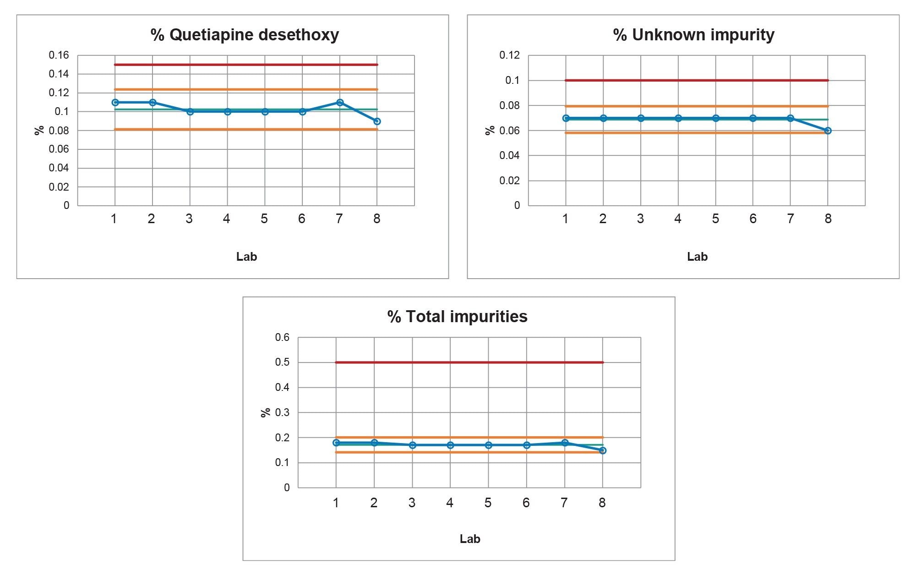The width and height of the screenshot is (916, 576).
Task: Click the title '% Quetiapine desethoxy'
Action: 245,35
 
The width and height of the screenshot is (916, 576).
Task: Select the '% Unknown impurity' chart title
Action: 693,35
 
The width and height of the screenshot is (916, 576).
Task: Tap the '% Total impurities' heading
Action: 457,317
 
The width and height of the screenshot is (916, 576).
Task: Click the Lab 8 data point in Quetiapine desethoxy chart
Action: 377,121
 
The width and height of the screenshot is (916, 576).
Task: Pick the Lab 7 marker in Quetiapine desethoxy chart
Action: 339,102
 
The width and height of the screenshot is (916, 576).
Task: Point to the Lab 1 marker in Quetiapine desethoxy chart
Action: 115,102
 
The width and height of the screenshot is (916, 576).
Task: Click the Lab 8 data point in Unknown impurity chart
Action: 828,131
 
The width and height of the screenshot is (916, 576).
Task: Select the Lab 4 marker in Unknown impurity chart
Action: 678,118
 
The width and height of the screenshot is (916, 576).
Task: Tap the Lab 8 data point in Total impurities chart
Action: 603,450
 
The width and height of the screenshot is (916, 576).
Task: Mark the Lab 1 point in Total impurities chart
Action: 336,443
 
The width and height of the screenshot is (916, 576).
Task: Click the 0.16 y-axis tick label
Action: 59,55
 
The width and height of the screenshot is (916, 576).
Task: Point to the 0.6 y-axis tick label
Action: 282,338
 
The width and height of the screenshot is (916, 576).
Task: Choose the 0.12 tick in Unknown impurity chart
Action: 509,55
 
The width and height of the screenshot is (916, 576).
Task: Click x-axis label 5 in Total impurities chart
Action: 488,503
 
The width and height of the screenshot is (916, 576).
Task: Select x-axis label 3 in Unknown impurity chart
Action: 640,219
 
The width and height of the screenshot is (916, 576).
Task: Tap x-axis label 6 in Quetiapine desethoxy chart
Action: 301,219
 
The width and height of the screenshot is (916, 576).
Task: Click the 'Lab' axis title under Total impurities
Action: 469,539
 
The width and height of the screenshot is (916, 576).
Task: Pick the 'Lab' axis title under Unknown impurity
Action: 697,257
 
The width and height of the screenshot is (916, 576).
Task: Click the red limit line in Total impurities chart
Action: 469,362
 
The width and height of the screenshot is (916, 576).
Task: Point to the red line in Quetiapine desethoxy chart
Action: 246,65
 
